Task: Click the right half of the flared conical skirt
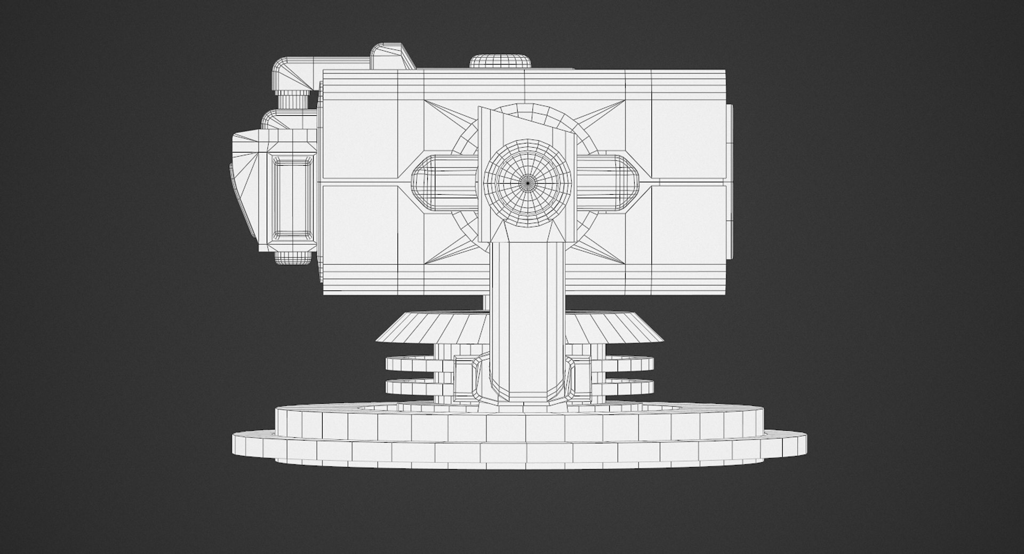click(x=619, y=327)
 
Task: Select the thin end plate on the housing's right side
click(x=729, y=181)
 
